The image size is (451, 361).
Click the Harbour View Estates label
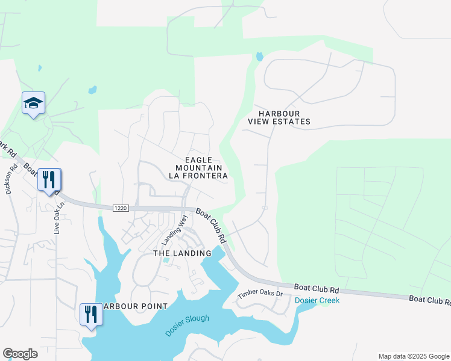[279, 117]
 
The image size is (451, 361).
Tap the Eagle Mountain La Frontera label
[198, 167]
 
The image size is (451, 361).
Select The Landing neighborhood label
[182, 253]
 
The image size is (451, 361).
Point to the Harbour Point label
[135, 306]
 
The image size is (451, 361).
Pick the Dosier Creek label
[317, 300]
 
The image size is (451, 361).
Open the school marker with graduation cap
[34, 103]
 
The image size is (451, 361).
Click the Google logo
[20, 354]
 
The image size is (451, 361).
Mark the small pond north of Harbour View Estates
[259, 57]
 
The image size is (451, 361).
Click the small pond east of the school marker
[92, 90]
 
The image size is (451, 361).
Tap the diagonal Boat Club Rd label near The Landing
[211, 226]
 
